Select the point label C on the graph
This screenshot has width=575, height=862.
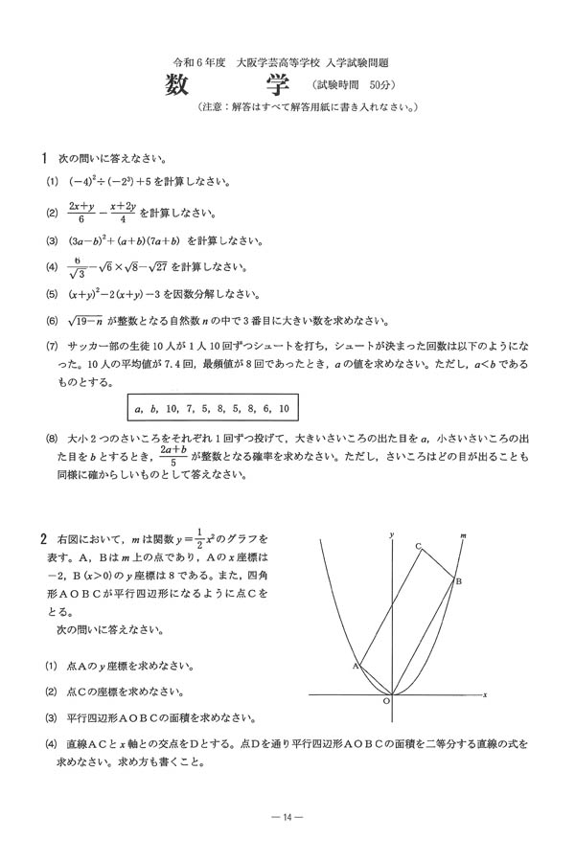418,546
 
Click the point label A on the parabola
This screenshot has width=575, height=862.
355,664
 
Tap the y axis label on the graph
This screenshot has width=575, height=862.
392,532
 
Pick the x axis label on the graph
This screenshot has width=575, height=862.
486,693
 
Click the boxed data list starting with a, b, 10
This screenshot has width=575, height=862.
213,409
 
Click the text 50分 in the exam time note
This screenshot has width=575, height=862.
373,85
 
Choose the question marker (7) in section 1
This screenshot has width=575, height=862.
51,346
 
